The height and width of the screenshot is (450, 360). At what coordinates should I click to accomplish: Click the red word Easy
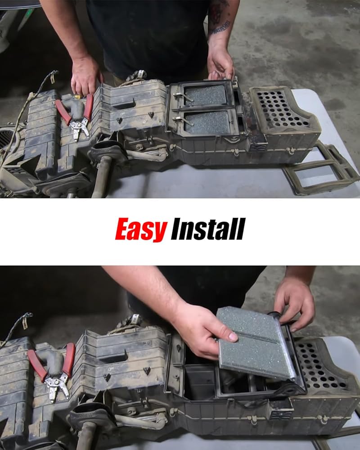(x=141, y=229)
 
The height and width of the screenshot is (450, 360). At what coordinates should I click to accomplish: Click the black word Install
(x=208, y=229)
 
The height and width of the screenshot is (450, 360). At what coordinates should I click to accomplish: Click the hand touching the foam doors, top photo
(x=220, y=64)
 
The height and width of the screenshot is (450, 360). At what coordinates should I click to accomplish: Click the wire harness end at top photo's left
(x=53, y=76)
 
